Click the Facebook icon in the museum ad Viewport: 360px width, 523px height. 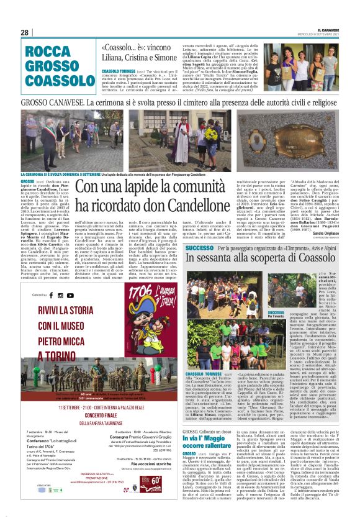pos(52,295)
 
